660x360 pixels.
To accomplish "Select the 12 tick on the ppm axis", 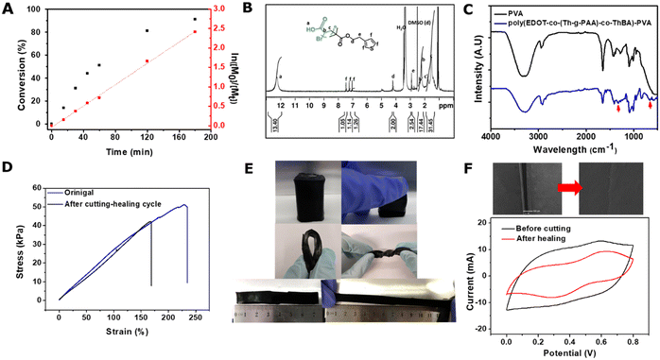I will [281, 106].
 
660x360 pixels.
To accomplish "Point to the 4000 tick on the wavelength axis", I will [491, 135].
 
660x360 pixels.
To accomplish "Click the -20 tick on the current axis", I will [492, 330].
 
